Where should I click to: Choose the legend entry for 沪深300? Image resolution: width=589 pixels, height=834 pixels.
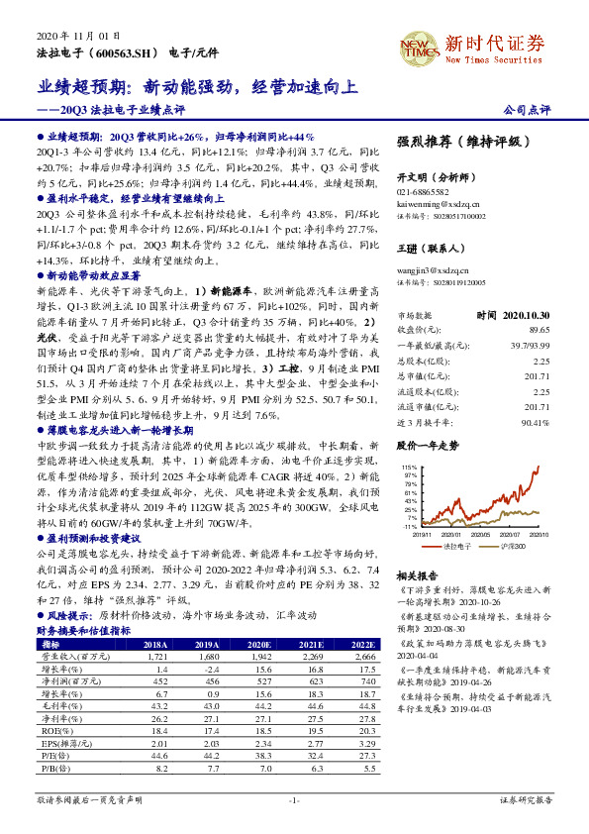[x=511, y=544]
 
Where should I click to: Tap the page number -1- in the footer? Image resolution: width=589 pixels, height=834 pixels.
[x=294, y=799]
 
